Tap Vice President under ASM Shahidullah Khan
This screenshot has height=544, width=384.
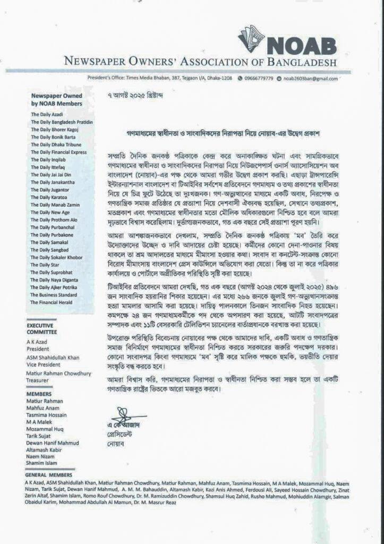click(42, 358)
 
